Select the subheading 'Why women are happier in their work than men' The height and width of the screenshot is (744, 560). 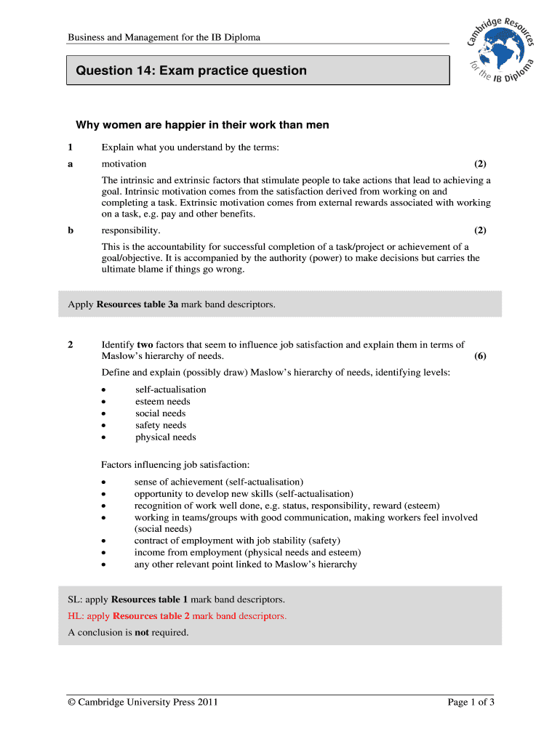[203, 125]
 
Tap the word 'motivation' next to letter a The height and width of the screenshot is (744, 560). [124, 164]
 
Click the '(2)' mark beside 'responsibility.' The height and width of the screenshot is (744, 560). [480, 230]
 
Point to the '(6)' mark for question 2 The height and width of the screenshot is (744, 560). [480, 356]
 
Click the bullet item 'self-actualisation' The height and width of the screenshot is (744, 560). [170, 389]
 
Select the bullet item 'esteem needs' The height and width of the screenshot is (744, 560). [162, 401]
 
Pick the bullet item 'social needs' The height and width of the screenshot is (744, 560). [160, 413]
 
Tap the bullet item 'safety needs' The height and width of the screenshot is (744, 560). [160, 425]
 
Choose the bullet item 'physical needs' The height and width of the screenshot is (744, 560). [165, 437]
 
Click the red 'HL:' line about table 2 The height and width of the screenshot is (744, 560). [177, 616]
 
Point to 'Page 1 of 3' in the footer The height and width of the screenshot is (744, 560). [471, 702]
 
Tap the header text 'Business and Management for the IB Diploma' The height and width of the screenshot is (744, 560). [164, 37]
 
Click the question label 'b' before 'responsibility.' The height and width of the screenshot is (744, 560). [71, 230]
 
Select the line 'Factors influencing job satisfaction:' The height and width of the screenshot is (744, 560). [175, 464]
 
